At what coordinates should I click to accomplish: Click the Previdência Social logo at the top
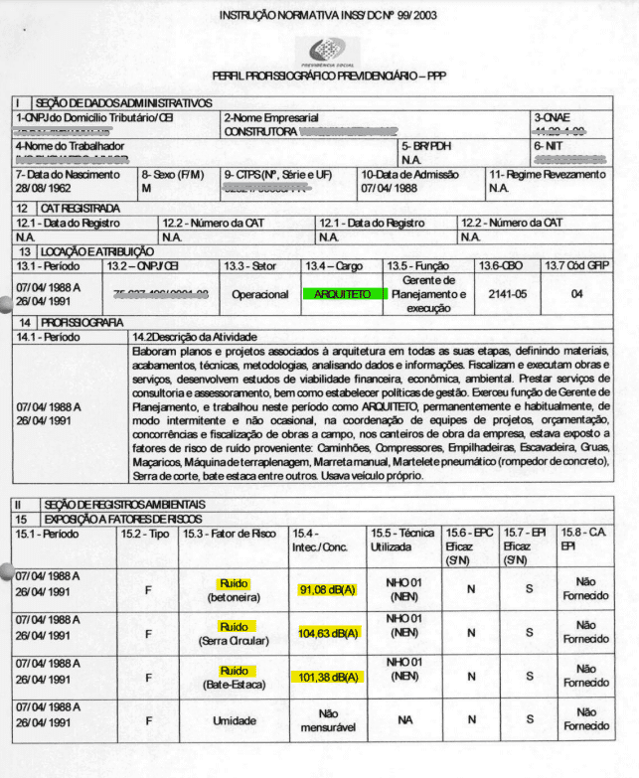pyautogui.click(x=328, y=50)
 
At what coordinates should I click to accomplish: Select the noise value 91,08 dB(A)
pyautogui.click(x=327, y=590)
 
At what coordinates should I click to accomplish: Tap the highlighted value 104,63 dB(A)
pyautogui.click(x=327, y=633)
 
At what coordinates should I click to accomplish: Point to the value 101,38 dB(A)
pyautogui.click(x=327, y=678)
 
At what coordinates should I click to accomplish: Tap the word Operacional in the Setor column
pyautogui.click(x=259, y=295)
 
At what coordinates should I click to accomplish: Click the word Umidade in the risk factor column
pyautogui.click(x=236, y=720)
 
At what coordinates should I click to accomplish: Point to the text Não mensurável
pyautogui.click(x=327, y=720)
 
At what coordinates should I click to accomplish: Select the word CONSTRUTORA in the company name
pyautogui.click(x=260, y=130)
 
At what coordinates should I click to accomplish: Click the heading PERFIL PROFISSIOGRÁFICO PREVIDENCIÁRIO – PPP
pyautogui.click(x=329, y=77)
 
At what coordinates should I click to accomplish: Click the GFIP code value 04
pyautogui.click(x=577, y=294)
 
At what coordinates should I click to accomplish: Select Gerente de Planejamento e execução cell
pyautogui.click(x=428, y=295)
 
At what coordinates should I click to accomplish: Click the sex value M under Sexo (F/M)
pyautogui.click(x=146, y=187)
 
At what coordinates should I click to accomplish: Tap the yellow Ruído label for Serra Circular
pyautogui.click(x=236, y=626)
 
